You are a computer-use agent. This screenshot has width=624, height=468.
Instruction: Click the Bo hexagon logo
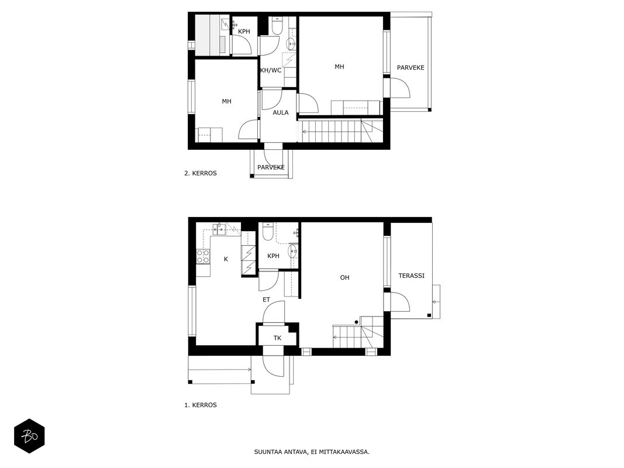pyautogui.click(x=29, y=436)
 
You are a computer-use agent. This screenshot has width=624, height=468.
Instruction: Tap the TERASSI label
pyautogui.click(x=411, y=276)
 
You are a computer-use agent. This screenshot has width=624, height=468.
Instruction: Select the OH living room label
pyautogui.click(x=344, y=277)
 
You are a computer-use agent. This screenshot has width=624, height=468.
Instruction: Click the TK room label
pyautogui.click(x=277, y=338)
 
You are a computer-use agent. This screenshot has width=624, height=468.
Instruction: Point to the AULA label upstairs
pyautogui.click(x=281, y=113)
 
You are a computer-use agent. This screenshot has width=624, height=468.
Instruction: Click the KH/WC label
pyautogui.click(x=271, y=70)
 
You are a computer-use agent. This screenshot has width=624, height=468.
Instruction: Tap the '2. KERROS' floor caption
pyautogui.click(x=201, y=173)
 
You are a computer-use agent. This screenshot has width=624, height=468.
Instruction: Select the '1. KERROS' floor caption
pyautogui.click(x=201, y=405)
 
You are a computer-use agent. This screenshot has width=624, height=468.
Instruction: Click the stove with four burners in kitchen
pyautogui.click(x=203, y=256)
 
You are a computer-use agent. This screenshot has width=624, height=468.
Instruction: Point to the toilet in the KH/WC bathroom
pyautogui.click(x=277, y=26)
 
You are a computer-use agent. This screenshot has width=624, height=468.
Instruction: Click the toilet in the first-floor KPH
pyautogui.click(x=268, y=232)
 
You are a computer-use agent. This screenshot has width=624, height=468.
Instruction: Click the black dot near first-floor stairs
pyautogui.click(x=357, y=322)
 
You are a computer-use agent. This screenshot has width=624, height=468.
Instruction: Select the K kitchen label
pyautogui.click(x=226, y=259)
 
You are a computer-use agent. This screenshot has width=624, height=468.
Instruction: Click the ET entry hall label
pyautogui.click(x=266, y=300)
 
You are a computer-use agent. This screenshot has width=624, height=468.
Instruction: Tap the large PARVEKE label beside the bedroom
pyautogui.click(x=411, y=68)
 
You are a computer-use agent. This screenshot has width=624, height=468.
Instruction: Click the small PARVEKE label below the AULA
pyautogui.click(x=271, y=167)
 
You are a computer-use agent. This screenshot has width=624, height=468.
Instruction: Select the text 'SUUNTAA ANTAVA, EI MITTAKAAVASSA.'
pyautogui.click(x=312, y=452)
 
